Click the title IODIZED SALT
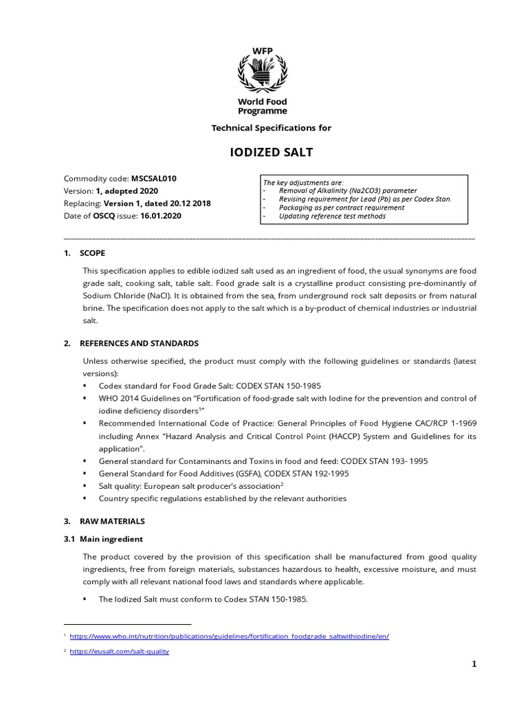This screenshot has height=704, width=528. [x=263, y=153]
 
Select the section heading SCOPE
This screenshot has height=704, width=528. [x=93, y=253]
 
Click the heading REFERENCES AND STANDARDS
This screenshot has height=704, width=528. [x=139, y=342]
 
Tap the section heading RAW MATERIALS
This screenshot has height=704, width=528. [x=112, y=521]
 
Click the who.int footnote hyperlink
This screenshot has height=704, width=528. [x=229, y=637]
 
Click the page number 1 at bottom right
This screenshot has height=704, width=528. [x=474, y=664]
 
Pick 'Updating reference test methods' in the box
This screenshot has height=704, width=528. [x=332, y=216]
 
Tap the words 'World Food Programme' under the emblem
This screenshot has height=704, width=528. [x=262, y=106]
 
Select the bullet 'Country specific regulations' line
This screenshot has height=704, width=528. [x=222, y=498]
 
